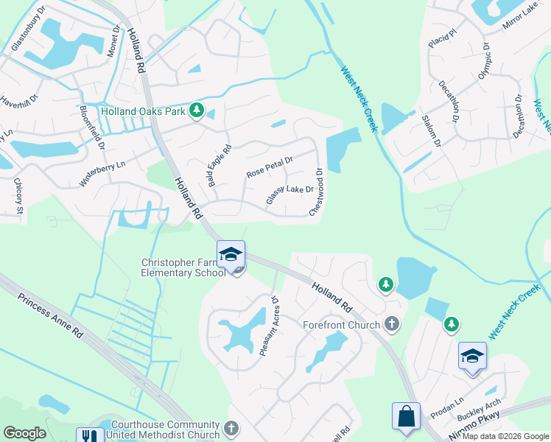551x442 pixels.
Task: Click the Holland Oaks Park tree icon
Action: [x=196, y=111]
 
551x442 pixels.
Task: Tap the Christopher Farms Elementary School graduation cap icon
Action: [x=231, y=254]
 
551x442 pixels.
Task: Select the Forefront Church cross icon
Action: [x=392, y=324]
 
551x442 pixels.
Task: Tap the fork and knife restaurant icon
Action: [x=91, y=436]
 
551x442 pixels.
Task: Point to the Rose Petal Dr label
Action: [x=270, y=164]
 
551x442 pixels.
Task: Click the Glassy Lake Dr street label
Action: [x=289, y=195]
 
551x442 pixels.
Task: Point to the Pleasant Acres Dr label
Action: [x=267, y=327]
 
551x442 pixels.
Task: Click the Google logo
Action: [x=24, y=432]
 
